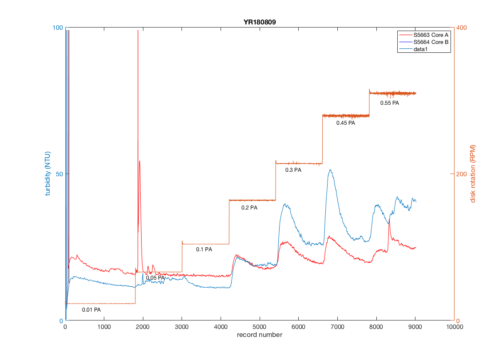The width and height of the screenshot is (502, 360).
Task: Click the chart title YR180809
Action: (260, 22)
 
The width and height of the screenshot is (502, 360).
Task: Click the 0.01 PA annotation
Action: (91, 310)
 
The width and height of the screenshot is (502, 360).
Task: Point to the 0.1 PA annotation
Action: (204, 249)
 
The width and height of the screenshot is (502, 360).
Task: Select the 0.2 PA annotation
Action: (249, 208)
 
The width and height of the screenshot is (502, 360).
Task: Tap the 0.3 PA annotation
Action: (293, 170)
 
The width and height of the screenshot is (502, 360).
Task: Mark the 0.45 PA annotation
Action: (346, 123)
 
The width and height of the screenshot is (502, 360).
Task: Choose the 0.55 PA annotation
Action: (390, 103)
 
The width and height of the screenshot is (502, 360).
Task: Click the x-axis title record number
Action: (260, 335)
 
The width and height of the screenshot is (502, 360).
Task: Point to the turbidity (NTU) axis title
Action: (48, 174)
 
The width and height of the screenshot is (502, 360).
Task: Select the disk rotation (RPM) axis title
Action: (473, 174)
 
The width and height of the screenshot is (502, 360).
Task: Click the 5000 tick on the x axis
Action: (260, 327)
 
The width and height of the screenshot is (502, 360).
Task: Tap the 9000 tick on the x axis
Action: (415, 327)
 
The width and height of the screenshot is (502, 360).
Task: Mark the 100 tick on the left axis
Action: (56, 28)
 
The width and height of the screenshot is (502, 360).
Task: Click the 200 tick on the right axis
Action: (462, 174)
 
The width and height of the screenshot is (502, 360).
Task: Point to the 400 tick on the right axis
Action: (462, 28)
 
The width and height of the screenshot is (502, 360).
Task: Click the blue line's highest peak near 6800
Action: (330, 170)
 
